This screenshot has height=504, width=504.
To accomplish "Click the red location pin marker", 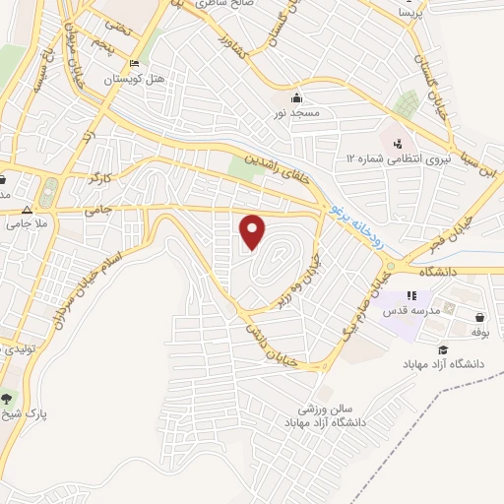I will [x=254, y=233].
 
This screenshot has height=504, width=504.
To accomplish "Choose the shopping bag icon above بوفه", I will [x=479, y=318].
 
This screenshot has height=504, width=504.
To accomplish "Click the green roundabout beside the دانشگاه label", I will [x=391, y=267].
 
